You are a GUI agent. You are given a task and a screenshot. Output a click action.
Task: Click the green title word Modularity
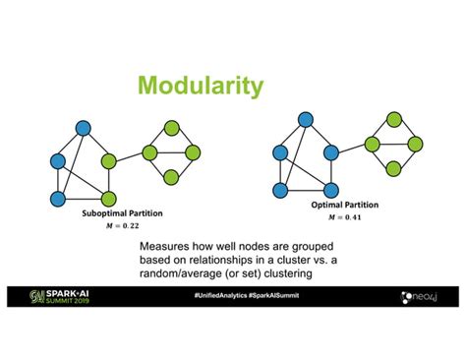[200, 87]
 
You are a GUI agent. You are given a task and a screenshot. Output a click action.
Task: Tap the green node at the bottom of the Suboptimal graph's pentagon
[109, 198]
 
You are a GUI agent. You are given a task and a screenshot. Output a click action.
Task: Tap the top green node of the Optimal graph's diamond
[394, 119]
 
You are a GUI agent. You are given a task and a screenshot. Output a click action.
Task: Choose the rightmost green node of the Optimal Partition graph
[416, 144]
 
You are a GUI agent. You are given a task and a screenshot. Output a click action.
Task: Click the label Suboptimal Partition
[109, 213]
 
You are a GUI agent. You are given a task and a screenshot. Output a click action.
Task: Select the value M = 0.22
[109, 226]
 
